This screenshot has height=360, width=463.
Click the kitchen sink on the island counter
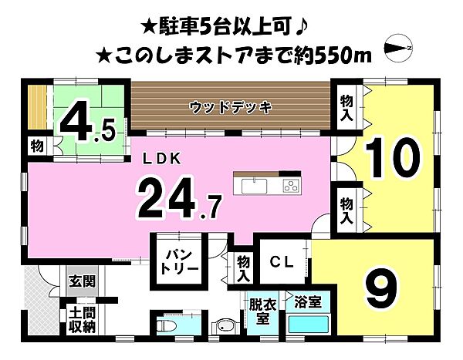tap(255, 186)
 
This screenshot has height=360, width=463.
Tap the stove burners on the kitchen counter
tap(291, 185)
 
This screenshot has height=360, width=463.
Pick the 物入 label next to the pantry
tap(244, 268)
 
